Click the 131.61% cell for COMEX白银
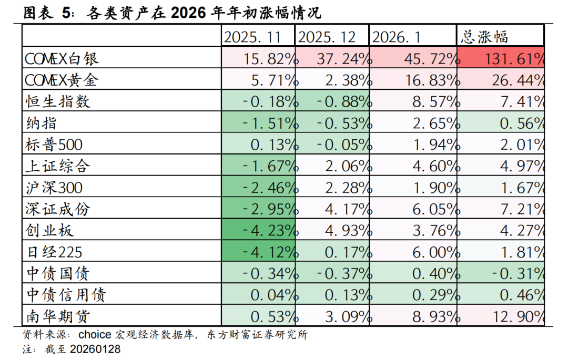[501, 58]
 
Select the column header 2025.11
[257, 37]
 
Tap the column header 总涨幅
[484, 37]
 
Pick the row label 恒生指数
[58, 101]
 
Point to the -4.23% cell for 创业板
[257, 230]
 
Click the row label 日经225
[54, 252]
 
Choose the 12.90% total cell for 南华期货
[501, 316]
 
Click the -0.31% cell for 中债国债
[501, 273]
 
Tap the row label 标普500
[54, 144]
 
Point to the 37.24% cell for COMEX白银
[332, 58]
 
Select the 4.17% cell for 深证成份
[332, 209]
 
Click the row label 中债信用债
[65, 295]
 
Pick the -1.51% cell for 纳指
[257, 122]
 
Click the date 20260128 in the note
[95, 349]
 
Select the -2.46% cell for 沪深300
[257, 187]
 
